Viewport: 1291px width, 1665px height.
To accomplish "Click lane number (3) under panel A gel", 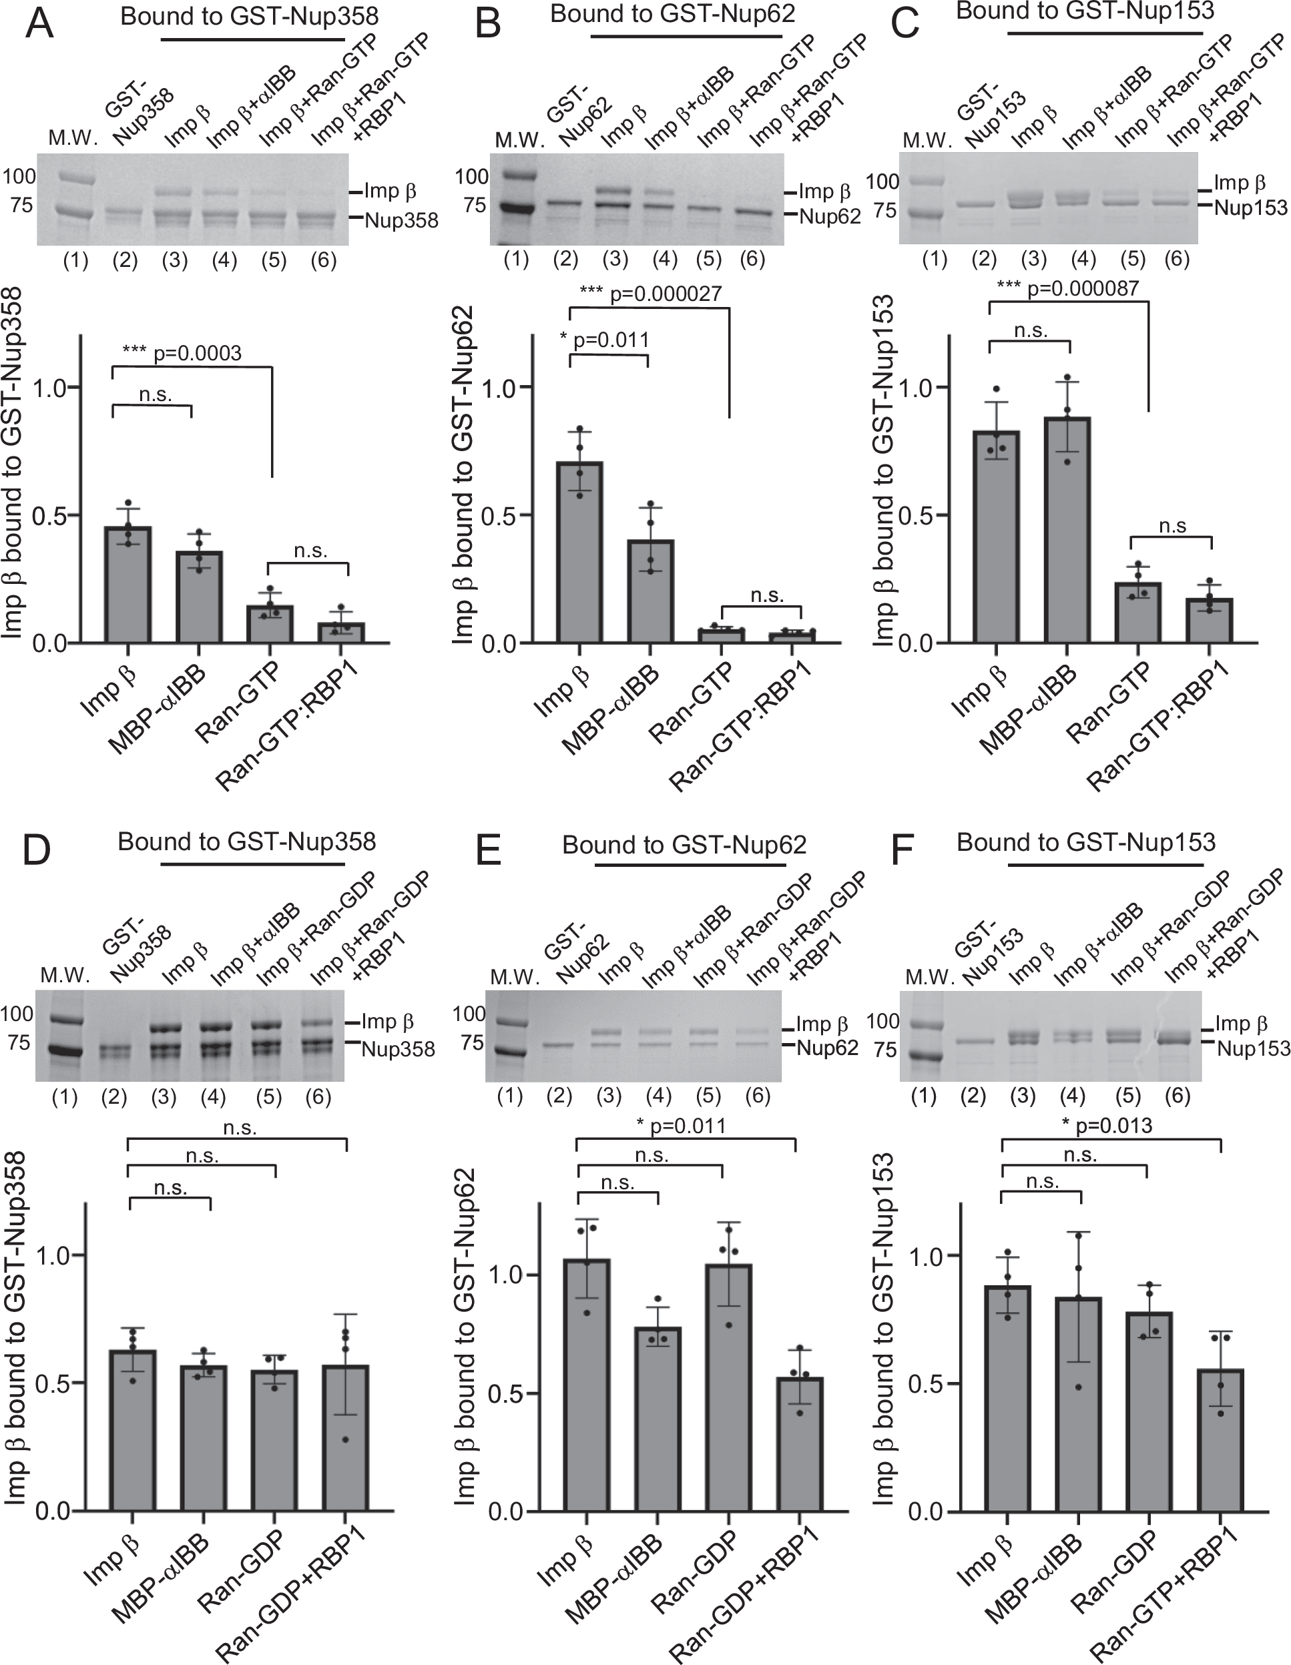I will click(x=175, y=261).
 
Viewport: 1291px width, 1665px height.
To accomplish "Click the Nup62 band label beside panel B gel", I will click(x=829, y=218).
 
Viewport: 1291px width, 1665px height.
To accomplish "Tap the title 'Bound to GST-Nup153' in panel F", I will click(x=1085, y=842).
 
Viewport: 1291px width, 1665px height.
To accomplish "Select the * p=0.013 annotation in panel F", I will click(x=1105, y=1126).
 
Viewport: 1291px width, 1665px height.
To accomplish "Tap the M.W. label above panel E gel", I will click(x=514, y=976).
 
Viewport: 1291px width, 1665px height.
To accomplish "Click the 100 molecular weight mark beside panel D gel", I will click(x=17, y=1013).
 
